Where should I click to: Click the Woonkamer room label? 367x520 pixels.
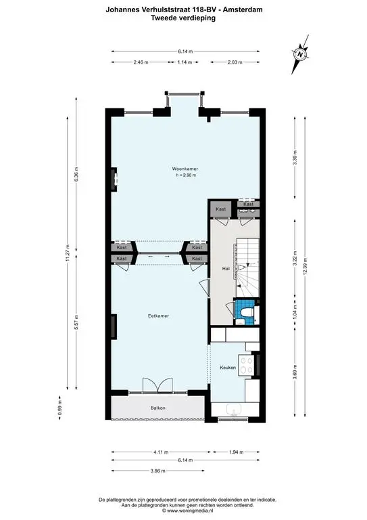click(x=183, y=169)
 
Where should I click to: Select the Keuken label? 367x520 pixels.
click(x=228, y=368)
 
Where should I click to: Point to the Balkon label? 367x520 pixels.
click(x=158, y=408)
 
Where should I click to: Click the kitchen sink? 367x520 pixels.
click(x=235, y=409)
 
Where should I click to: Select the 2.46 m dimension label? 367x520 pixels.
click(x=141, y=62)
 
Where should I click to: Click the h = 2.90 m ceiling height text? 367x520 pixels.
click(x=184, y=175)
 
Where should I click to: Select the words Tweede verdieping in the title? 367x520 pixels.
click(x=184, y=18)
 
